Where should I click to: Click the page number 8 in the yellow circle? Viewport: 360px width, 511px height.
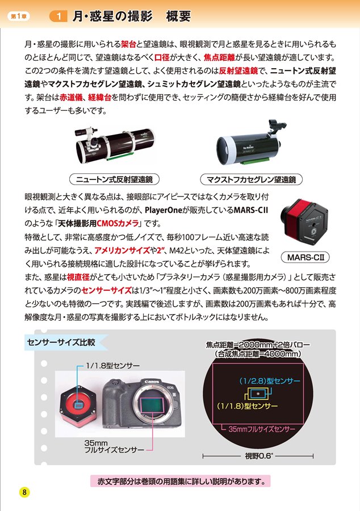click(24, 492)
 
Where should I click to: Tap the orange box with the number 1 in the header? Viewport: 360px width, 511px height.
click(58, 16)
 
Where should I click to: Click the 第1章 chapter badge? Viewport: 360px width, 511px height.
click(19, 16)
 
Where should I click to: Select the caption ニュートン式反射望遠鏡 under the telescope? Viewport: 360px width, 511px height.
click(114, 179)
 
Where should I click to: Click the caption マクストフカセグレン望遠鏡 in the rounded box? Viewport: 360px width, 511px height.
click(251, 179)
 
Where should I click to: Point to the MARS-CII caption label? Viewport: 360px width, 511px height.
click(305, 257)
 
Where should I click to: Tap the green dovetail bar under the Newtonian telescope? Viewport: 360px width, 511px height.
click(120, 156)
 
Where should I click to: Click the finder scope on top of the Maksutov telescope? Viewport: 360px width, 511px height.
click(277, 127)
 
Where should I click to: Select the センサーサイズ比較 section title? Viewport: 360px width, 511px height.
click(61, 342)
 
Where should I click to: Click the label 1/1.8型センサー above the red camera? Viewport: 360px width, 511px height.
click(113, 366)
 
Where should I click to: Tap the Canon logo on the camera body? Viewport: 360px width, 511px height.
click(152, 382)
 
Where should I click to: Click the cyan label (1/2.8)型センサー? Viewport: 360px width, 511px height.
click(270, 380)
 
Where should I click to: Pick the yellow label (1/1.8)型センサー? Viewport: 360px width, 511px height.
click(247, 406)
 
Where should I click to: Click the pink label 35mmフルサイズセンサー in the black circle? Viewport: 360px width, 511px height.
click(262, 429)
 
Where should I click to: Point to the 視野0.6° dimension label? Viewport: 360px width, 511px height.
click(259, 456)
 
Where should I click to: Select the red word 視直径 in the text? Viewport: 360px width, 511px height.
click(78, 277)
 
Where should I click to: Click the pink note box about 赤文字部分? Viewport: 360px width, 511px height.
click(181, 481)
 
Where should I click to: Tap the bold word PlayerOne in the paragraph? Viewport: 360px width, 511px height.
click(163, 210)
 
